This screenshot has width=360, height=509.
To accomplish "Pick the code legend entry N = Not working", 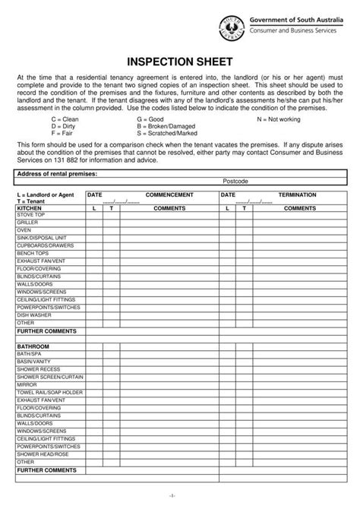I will (x=280, y=119).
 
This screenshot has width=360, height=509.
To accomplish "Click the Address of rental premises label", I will (x=58, y=173).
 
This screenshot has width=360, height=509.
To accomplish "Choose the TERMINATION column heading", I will (x=297, y=195).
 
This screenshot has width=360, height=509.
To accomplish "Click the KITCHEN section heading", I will (x=30, y=207).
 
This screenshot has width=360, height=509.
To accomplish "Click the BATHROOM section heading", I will (x=33, y=346).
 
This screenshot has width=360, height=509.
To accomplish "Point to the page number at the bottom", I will (x=180, y=495).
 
